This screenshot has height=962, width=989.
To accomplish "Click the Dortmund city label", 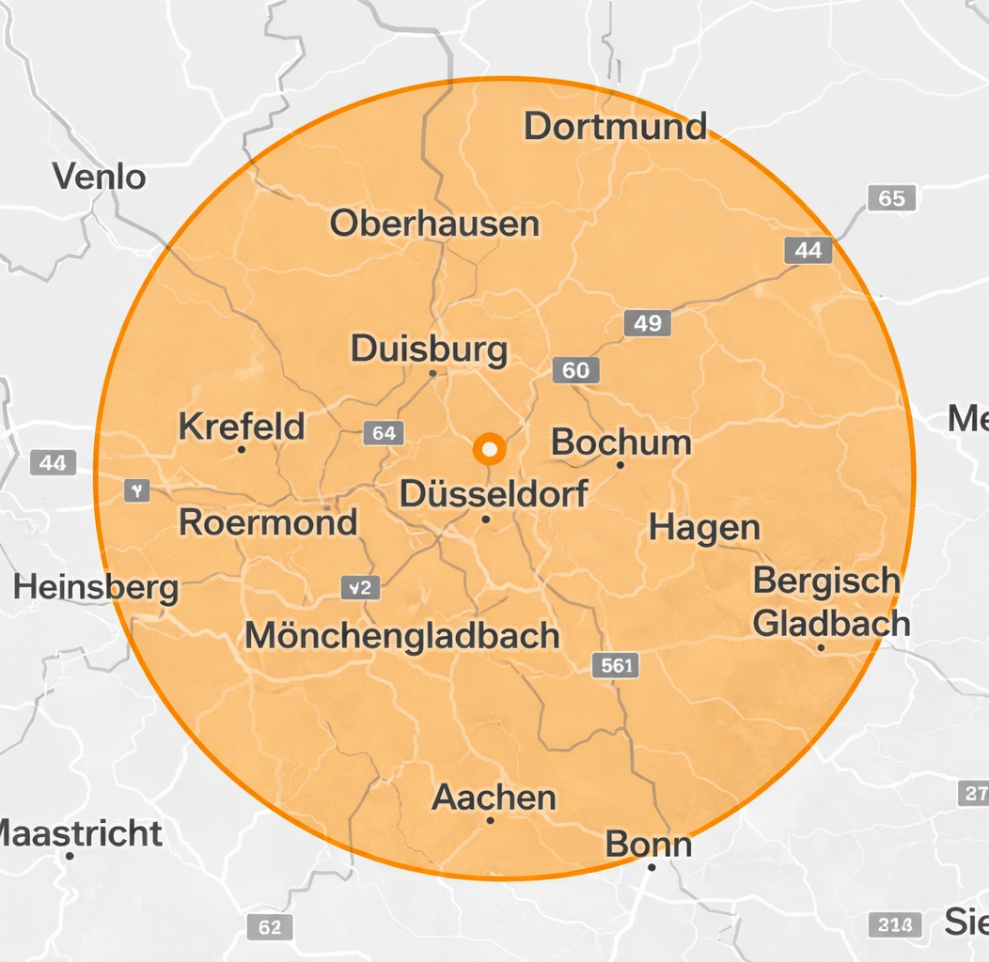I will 615,126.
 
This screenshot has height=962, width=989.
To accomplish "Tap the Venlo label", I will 99,176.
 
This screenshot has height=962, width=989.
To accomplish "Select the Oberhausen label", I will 434,224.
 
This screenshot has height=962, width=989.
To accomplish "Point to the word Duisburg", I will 429,349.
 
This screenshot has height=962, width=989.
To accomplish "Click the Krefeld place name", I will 242,427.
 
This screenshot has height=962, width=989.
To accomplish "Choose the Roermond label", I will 268,522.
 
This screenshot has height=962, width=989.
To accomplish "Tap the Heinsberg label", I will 96,588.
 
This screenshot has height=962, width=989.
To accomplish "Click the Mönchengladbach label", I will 402,636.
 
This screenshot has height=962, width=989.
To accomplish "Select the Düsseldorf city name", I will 494,493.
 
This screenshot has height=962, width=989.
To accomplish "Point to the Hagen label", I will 704,528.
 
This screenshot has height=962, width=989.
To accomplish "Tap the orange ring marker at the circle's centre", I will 489,449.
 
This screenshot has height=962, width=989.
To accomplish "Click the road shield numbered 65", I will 890,198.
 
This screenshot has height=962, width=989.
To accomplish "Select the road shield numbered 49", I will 647,324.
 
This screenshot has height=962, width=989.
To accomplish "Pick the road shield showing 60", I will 575,370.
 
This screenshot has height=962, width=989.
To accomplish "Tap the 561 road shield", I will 616,666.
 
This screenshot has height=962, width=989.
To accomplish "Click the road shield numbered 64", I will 384,433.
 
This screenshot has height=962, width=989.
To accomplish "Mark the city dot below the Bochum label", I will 620,465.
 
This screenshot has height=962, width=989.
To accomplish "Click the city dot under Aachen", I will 490,820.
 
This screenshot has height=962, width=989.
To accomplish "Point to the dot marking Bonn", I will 651,866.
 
